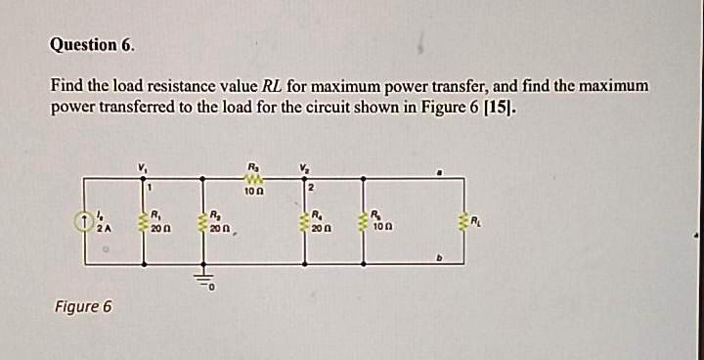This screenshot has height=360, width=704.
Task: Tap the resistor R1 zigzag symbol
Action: [144, 221]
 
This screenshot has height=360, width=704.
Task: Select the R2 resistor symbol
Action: [203, 221]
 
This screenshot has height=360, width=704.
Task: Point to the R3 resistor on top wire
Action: [251, 178]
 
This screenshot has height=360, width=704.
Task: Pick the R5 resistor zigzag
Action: [363, 221]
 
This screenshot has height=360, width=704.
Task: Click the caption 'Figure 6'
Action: [82, 307]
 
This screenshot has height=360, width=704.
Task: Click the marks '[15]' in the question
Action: [497, 107]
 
